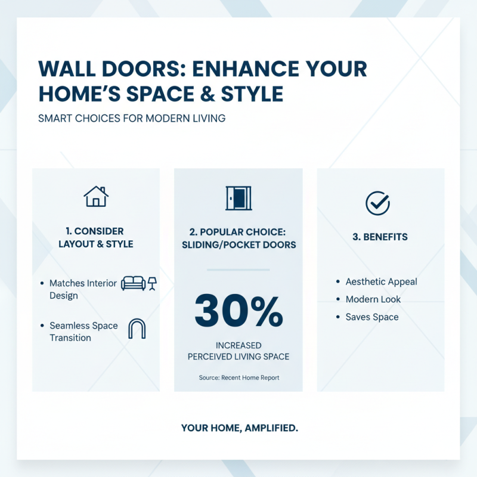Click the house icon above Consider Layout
(x=96, y=196)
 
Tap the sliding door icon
(x=238, y=198)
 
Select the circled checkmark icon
(x=377, y=203)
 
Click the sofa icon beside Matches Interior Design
(x=133, y=283)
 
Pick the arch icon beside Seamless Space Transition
(x=137, y=329)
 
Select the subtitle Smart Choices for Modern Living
(x=131, y=118)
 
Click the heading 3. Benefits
(x=380, y=237)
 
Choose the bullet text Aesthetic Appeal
(x=381, y=281)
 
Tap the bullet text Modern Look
(x=373, y=299)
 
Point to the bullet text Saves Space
(x=372, y=317)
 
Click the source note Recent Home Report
(x=238, y=377)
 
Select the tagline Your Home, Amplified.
(x=238, y=428)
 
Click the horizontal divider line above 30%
(x=238, y=270)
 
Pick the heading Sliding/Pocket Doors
(x=238, y=244)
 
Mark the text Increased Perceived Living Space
(x=238, y=351)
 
